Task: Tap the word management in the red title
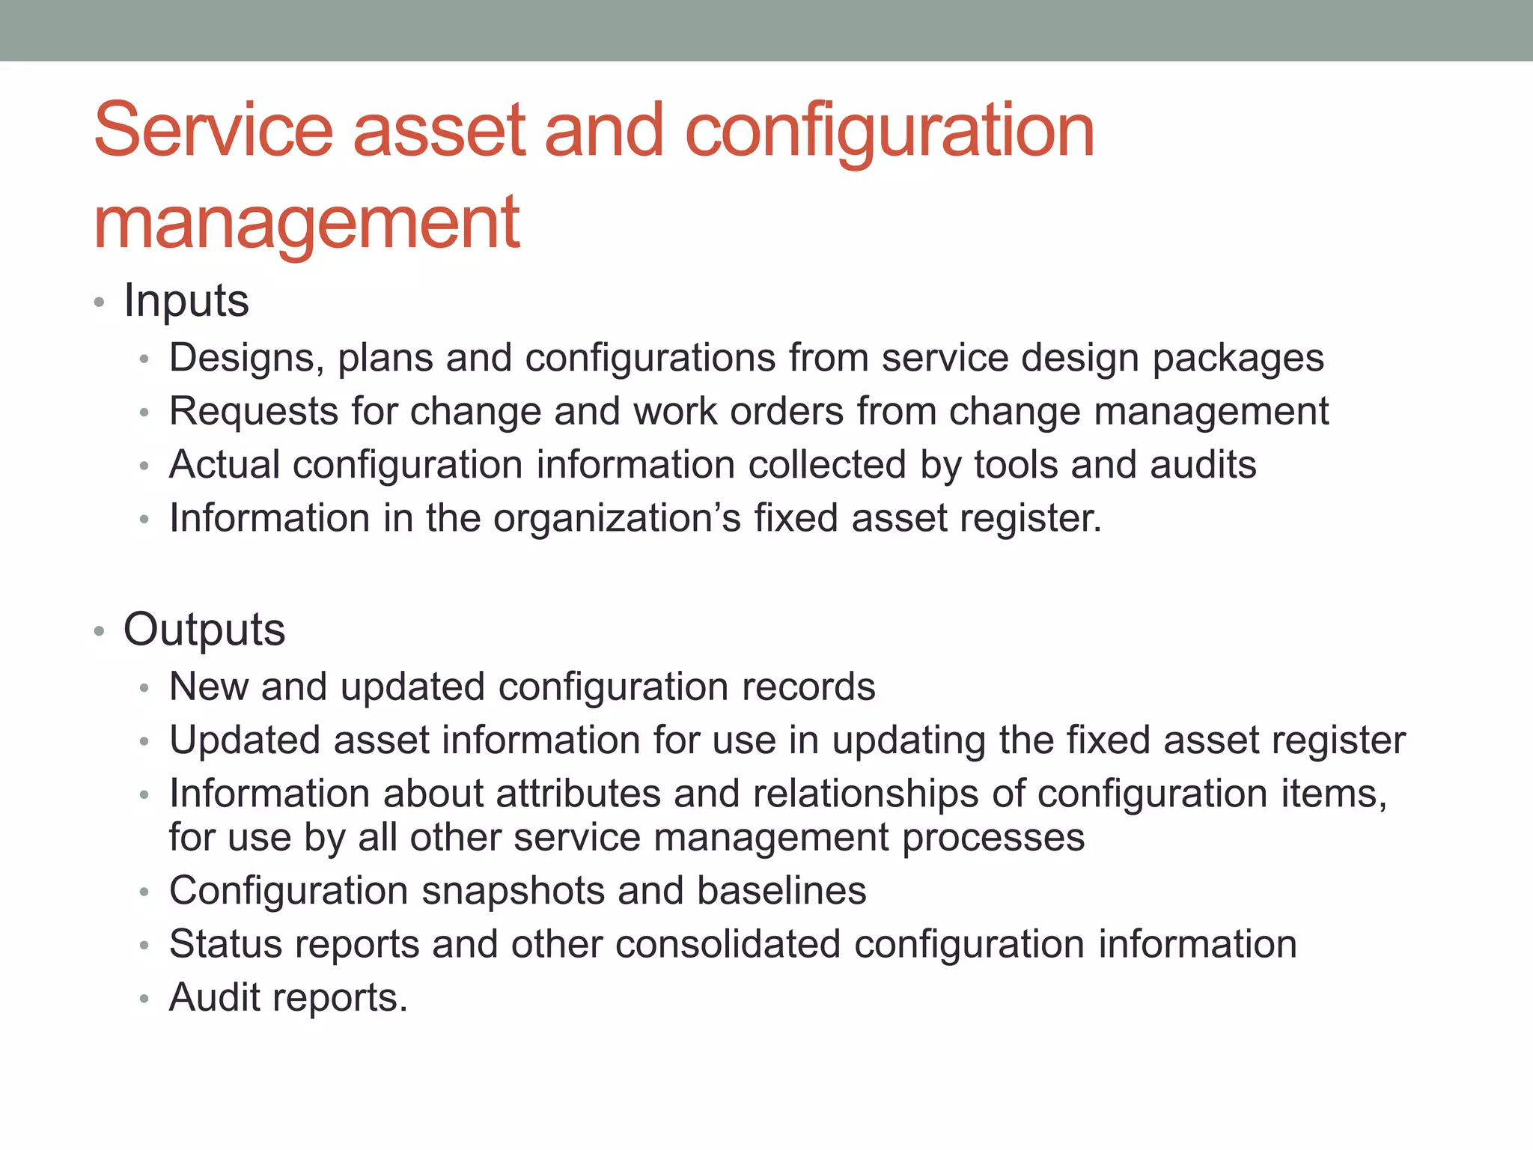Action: pyautogui.click(x=306, y=222)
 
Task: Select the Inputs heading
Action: pyautogui.click(x=186, y=301)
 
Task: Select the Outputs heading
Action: pyautogui.click(x=204, y=630)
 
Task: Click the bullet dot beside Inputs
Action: pyautogui.click(x=99, y=303)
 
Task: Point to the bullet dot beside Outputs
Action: pyautogui.click(x=99, y=632)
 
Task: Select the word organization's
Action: pyautogui.click(x=617, y=519)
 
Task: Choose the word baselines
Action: pyautogui.click(x=781, y=891)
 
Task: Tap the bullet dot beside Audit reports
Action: pyautogui.click(x=144, y=1000)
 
